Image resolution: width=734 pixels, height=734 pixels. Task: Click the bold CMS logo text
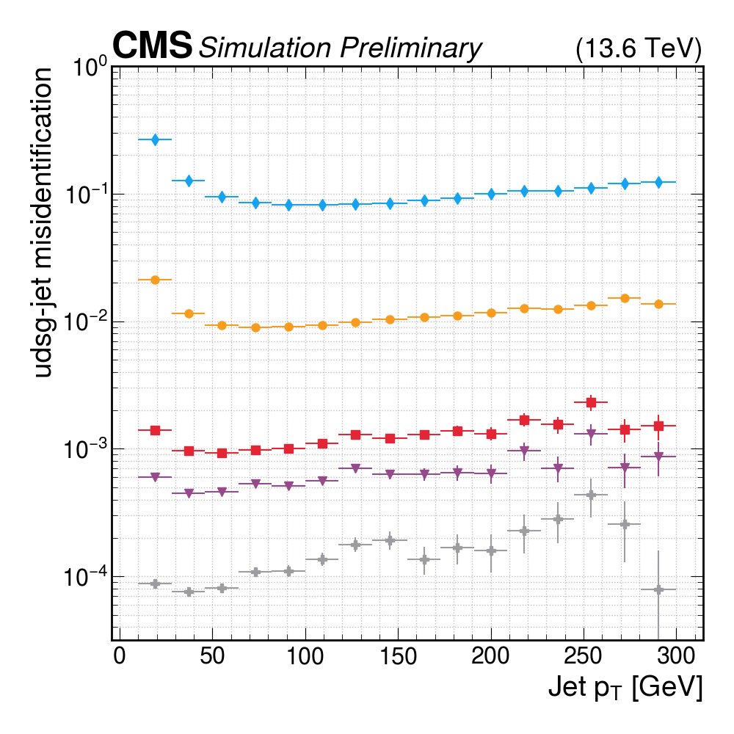(x=153, y=46)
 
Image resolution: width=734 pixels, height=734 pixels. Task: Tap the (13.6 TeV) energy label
(x=639, y=48)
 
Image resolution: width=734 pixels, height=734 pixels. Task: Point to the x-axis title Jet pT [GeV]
(x=625, y=687)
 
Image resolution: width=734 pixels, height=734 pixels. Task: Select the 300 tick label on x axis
(x=675, y=654)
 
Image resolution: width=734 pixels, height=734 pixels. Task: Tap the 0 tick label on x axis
(x=119, y=654)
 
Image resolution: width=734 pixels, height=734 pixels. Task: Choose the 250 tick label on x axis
(x=583, y=654)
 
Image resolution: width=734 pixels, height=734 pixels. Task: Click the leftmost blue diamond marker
(x=155, y=139)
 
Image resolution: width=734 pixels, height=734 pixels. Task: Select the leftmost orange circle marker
(x=155, y=280)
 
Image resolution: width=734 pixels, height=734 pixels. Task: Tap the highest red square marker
(x=590, y=402)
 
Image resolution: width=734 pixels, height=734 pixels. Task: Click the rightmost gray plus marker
(x=658, y=589)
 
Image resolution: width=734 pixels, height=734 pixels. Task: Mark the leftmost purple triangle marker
(x=155, y=478)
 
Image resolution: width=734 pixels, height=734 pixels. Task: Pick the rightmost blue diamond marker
(x=658, y=182)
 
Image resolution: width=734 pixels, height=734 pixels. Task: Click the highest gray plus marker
(x=590, y=495)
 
